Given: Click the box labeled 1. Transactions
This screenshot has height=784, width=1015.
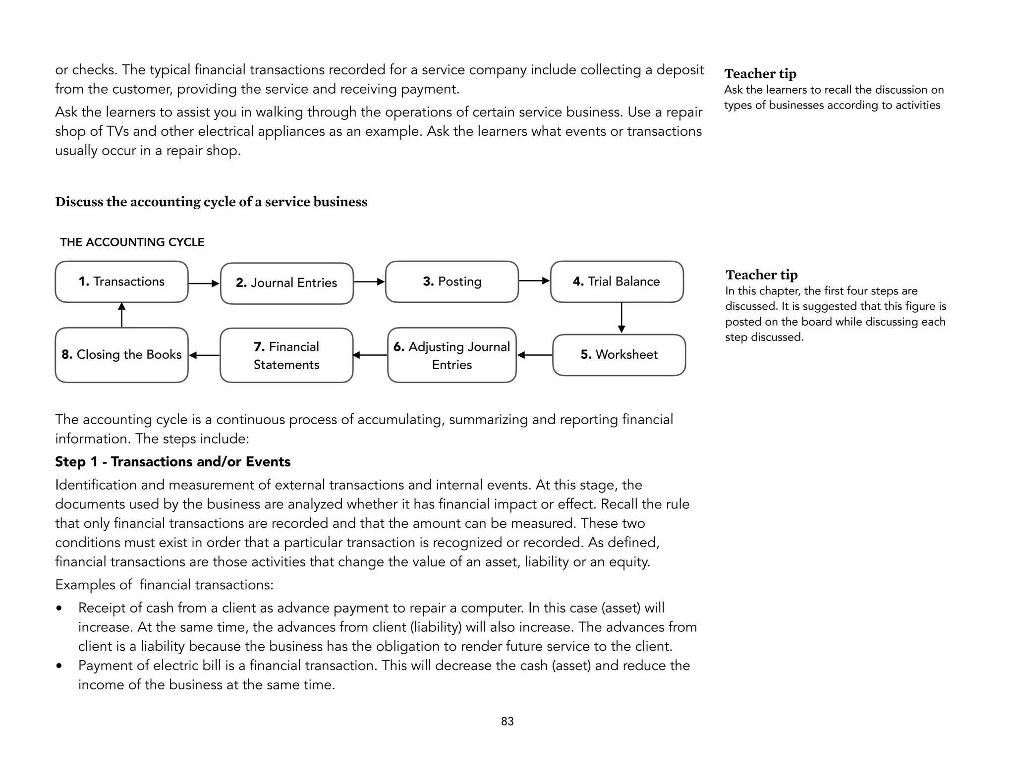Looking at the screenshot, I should tap(121, 281).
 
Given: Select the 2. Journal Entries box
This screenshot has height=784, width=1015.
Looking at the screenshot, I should tap(286, 283).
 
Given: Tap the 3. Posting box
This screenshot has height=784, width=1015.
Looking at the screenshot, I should tap(451, 281).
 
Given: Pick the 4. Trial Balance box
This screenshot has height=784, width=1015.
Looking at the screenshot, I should tap(617, 281).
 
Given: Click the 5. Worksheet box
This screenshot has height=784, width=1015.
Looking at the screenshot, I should tap(619, 355).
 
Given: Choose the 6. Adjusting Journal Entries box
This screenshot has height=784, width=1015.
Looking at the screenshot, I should tap(451, 355).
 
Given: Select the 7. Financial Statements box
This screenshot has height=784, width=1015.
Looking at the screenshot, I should tap(286, 355).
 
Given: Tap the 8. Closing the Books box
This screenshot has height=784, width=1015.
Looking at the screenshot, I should tap(121, 355).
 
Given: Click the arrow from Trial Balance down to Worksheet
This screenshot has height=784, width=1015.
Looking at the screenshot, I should tap(621, 318).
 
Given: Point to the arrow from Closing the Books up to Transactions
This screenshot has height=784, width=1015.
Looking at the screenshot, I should tap(121, 315).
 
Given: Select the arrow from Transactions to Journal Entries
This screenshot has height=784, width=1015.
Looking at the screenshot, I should tap(204, 283).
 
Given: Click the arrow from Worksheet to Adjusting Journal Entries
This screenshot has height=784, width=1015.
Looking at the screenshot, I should tap(535, 355).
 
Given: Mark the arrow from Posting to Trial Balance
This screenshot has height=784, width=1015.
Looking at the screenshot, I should tap(534, 281).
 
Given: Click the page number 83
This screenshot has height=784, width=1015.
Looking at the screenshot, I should tap(507, 722).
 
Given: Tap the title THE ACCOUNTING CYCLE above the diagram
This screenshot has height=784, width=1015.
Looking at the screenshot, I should tap(132, 242).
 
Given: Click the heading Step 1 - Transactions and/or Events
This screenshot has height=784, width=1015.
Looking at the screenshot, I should tap(172, 462).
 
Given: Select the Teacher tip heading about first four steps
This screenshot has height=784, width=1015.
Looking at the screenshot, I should tap(761, 275).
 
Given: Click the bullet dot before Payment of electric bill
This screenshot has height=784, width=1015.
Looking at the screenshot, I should tap(59, 666).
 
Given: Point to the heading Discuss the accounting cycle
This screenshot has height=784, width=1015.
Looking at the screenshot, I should tap(211, 202).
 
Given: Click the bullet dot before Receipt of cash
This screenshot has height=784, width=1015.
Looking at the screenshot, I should tap(59, 608).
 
